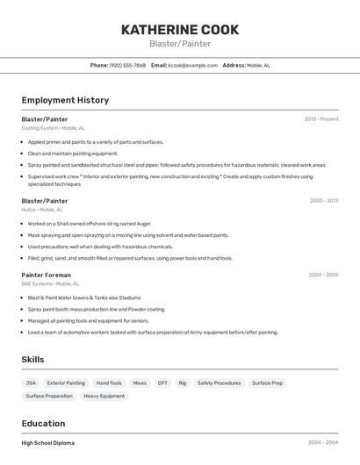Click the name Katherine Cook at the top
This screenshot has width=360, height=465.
pos(180,29)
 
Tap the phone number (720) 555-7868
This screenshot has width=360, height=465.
pos(128,65)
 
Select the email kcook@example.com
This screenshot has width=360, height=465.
pos(192,65)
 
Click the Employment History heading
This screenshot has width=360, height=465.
pos(65,100)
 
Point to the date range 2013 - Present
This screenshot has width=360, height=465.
pos(321,118)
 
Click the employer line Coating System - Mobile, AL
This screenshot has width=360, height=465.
pos(53,128)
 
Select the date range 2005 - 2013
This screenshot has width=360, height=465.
pos(323,201)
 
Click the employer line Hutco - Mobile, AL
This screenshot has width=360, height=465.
pos(42,210)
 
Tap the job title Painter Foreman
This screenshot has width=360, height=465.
pos(47,275)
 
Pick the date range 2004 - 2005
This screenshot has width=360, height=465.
pos(323,275)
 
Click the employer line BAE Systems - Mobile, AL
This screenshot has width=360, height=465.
pos(50,283)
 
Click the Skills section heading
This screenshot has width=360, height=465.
pos(32,360)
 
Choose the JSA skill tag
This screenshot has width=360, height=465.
pos(31,383)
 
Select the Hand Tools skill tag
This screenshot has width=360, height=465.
pos(109,383)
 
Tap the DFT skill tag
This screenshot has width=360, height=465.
pos(162,383)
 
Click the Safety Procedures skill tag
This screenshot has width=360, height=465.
pos(219,383)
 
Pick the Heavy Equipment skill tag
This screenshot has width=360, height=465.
pos(104,397)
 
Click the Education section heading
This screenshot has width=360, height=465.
pos(43,424)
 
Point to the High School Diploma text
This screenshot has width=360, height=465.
pos(48,443)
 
